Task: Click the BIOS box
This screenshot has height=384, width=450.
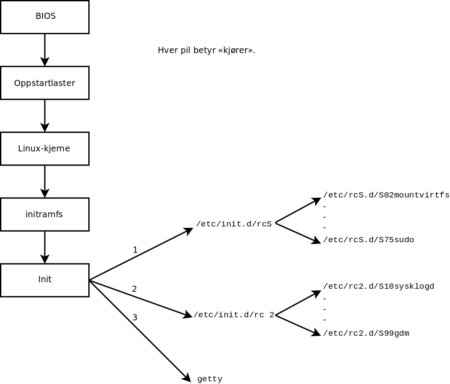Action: (45, 17)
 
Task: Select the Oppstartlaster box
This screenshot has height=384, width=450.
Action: (45, 83)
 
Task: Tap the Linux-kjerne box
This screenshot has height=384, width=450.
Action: (45, 148)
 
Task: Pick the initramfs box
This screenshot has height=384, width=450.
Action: (45, 214)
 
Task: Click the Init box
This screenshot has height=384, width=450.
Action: (45, 280)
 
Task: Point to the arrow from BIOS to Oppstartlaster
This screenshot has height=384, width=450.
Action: (45, 50)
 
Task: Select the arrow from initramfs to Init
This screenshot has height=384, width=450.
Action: (45, 247)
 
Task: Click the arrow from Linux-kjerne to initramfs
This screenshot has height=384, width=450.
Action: (45, 181)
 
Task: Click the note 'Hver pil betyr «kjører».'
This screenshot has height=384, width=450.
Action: (206, 50)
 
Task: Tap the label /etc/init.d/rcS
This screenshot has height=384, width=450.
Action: (234, 224)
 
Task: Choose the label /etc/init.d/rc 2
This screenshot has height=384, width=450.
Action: (234, 315)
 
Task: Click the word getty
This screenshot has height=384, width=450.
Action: (210, 379)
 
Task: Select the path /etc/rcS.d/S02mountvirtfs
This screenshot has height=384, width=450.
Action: (386, 195)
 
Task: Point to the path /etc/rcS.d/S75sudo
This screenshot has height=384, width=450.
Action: (368, 240)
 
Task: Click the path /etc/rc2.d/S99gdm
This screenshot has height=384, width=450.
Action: (366, 334)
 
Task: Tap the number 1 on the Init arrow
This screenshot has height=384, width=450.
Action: (135, 250)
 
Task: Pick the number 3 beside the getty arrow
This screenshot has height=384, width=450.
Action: (135, 317)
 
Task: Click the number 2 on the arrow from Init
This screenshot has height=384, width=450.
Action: (134, 289)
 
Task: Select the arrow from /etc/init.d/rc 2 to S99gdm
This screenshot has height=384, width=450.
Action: (298, 325)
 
